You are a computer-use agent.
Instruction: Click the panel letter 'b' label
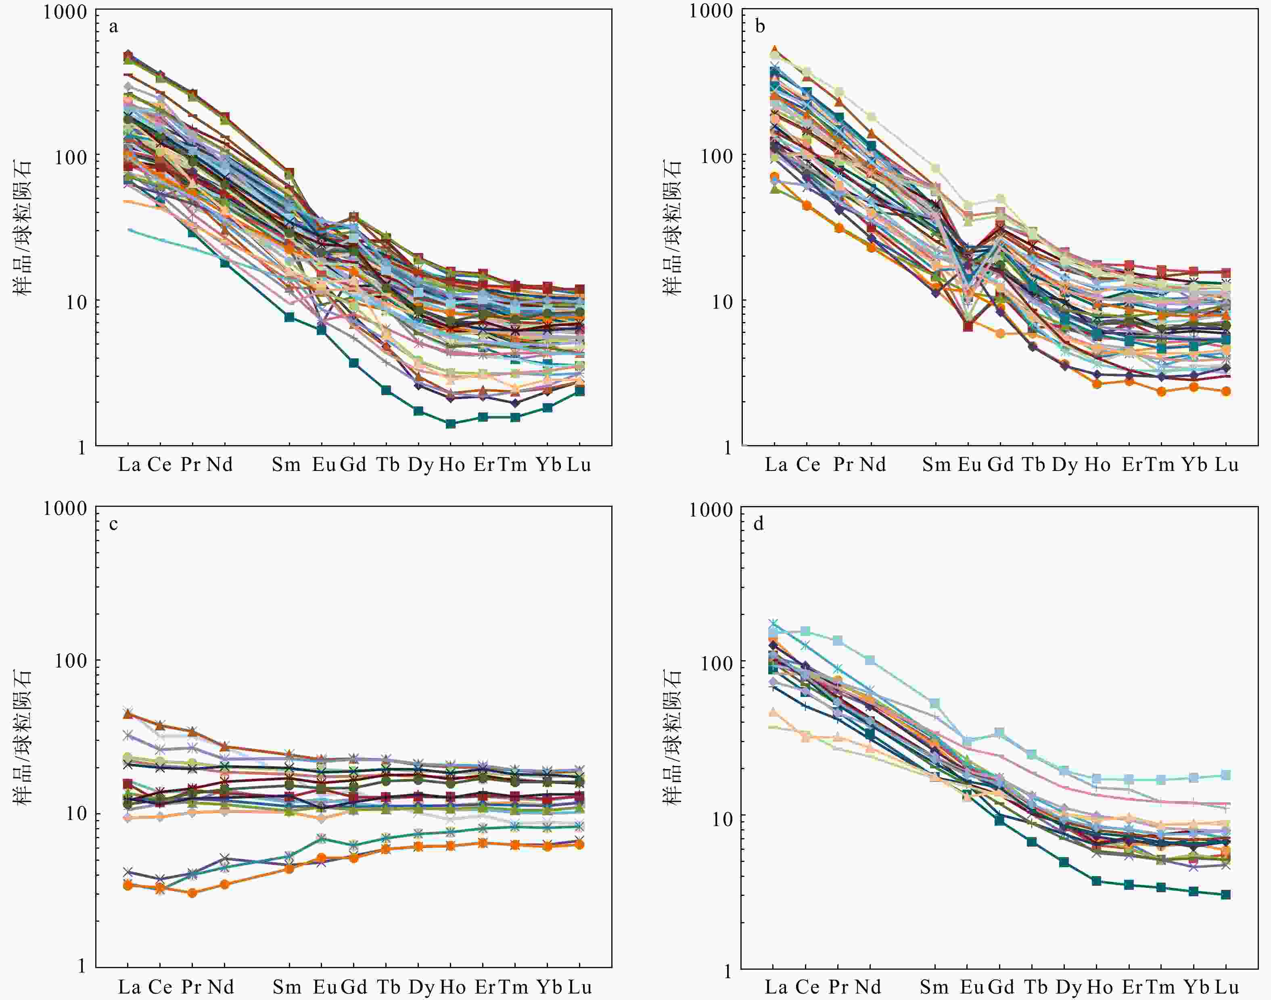760,27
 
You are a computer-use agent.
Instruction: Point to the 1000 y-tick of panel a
65,12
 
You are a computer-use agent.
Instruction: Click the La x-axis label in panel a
129,465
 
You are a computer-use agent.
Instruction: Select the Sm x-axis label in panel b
936,465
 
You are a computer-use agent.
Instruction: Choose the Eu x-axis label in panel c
324,987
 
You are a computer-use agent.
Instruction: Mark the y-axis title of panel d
672,738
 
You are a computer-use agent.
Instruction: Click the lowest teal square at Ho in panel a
451,423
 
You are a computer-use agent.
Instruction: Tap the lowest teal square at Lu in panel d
1225,895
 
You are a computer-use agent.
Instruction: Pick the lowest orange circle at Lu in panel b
1225,391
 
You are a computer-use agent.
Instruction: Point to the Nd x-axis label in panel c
220,987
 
